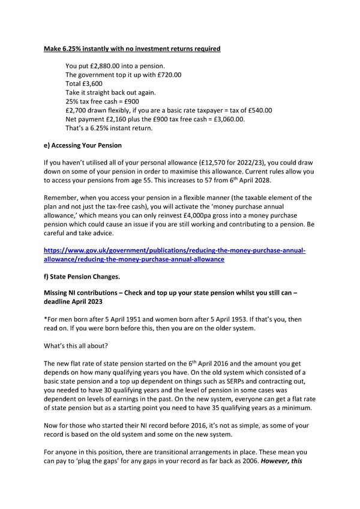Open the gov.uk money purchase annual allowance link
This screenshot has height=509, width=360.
click(x=175, y=254)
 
